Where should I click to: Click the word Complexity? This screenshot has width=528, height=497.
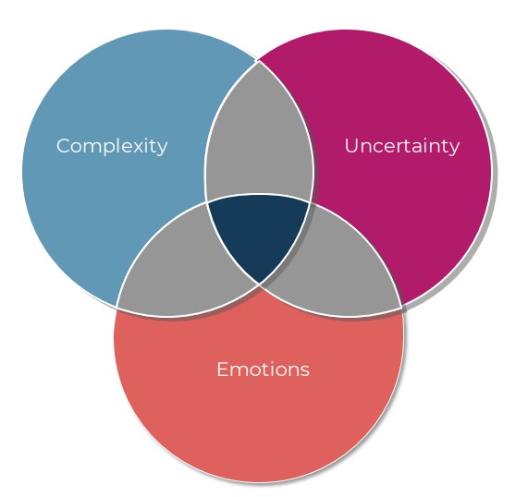[x=112, y=146]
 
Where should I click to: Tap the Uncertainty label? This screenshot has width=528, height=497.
[x=402, y=146]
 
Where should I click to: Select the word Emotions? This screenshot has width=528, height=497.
[x=263, y=370]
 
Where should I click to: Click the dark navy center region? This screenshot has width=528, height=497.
[x=258, y=232]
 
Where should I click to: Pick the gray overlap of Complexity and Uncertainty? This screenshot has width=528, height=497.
[x=259, y=135]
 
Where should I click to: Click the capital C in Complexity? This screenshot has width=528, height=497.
[x=65, y=146]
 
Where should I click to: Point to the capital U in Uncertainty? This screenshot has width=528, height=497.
[x=352, y=146]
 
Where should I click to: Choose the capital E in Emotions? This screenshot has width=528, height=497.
[x=223, y=370]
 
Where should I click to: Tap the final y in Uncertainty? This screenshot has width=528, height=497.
[x=454, y=149]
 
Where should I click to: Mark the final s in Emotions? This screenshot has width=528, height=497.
[x=305, y=371]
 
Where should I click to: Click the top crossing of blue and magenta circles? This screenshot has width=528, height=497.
[x=258, y=62]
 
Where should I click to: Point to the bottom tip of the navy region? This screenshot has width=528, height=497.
[x=259, y=284]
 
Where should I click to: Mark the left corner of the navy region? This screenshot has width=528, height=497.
[x=206, y=202]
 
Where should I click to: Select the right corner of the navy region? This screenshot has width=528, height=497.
[x=310, y=202]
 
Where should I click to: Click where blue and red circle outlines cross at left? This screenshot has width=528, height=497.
[x=117, y=307]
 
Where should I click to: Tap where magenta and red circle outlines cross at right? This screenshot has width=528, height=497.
[x=401, y=308]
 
